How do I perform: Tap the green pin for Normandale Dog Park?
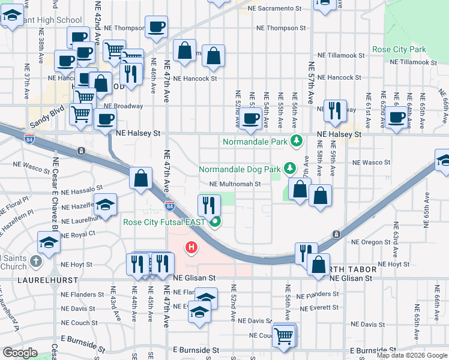pyautogui.click(x=290, y=168)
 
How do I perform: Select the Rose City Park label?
pyautogui.click(x=399, y=49)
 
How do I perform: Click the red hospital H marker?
pyautogui.click(x=191, y=247)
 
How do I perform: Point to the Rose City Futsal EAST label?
pyautogui.click(x=164, y=222)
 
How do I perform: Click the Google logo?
pyautogui.click(x=20, y=352)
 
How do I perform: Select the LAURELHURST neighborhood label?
pyautogui.click(x=42, y=279)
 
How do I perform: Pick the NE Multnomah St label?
pyautogui.click(x=235, y=184)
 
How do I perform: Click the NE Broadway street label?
pyautogui.click(x=124, y=106)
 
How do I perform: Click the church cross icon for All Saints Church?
pyautogui.click(x=36, y=261)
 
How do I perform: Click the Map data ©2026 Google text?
pyautogui.click(x=411, y=355)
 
